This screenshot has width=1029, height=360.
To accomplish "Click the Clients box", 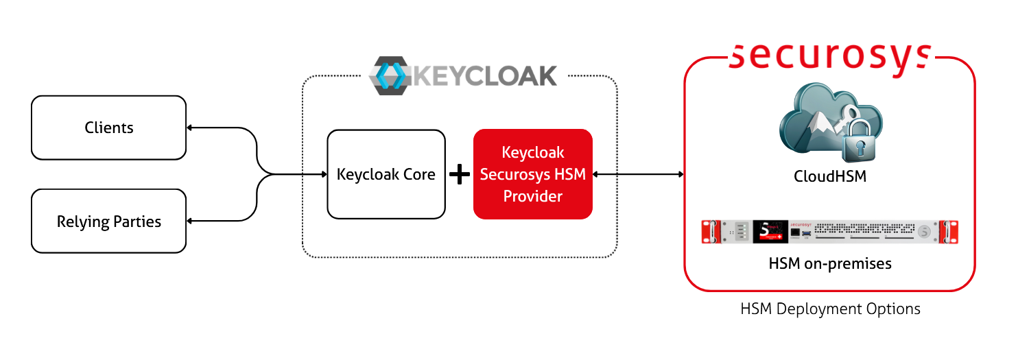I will pos(108,128).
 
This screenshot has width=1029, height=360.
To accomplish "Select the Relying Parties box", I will pos(108,221).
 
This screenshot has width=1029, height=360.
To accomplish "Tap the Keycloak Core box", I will pos(386,174).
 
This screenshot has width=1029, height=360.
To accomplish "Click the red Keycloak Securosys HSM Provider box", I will pos(532,174).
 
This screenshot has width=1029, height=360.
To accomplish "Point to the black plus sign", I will pos(459,175).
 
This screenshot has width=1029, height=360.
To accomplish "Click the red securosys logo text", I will pos(829,56).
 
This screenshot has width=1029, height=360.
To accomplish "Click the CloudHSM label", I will pos(829,176).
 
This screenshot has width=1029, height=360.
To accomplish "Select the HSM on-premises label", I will pos(829,263).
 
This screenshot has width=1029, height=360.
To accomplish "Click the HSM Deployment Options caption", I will pos(829,309).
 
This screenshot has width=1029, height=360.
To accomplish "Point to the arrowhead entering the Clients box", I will pos(190,128).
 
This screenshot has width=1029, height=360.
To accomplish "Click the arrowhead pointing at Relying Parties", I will pos(190,221).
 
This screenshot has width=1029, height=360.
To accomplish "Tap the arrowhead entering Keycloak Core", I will pos(324,174).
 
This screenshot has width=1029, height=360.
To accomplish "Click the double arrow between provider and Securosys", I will pos(638,174).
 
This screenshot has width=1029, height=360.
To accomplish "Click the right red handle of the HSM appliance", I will pos(948,232).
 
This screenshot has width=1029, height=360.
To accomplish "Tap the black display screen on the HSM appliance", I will pos(770,232).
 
